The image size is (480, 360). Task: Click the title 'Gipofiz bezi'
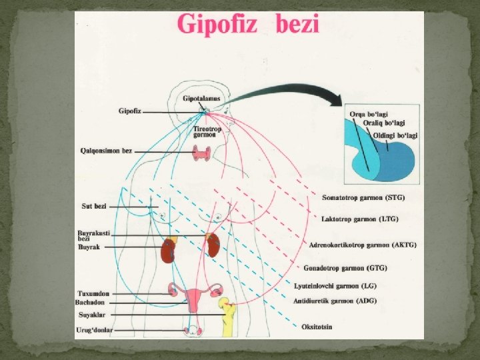(249, 25)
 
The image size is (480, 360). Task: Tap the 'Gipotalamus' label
(201, 99)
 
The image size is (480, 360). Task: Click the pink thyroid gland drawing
(200, 155)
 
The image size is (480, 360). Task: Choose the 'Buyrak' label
(89, 247)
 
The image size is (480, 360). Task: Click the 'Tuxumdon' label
(93, 293)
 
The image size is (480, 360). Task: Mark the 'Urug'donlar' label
(95, 331)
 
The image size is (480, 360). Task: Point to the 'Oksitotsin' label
(317, 327)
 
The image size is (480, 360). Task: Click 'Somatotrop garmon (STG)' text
(363, 197)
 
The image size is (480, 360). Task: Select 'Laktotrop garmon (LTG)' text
(359, 219)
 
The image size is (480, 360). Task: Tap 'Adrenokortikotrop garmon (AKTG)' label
(363, 245)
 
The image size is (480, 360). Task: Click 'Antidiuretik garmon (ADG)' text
(333, 301)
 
